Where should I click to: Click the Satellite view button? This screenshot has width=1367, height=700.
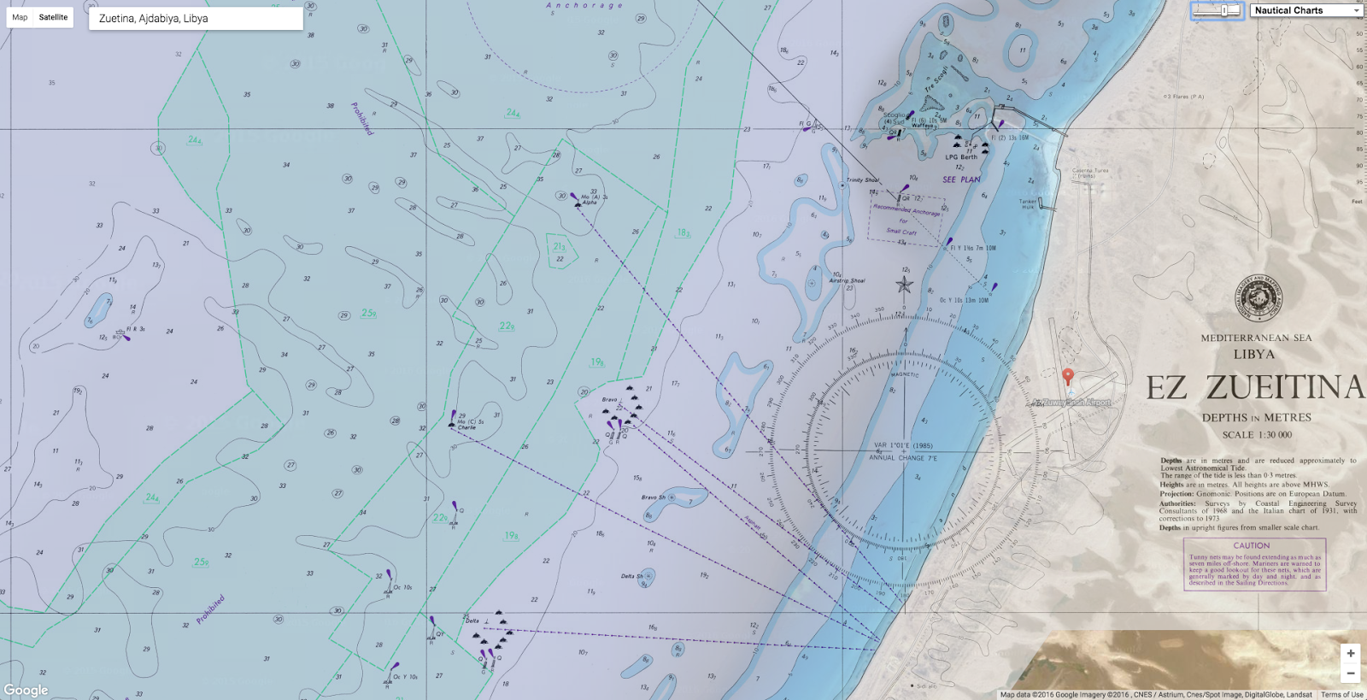[x=53, y=17]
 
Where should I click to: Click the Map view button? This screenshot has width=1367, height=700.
[x=20, y=17]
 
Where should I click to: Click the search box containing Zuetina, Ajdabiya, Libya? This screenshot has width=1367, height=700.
[x=196, y=19]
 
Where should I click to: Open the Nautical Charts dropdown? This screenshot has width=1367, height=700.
[x=1306, y=10]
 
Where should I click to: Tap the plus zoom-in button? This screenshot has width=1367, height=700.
[x=1350, y=654]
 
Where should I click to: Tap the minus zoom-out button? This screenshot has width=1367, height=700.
[x=1350, y=674]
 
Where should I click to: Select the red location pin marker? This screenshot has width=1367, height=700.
[x=1067, y=376]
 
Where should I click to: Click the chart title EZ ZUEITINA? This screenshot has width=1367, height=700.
[x=1255, y=388]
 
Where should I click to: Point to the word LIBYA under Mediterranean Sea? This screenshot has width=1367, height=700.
[x=1253, y=354]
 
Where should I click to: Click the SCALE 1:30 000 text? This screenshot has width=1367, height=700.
[x=1256, y=435]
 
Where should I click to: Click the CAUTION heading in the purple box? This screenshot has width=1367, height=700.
[x=1251, y=545]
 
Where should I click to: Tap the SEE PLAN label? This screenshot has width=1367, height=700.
[x=961, y=179]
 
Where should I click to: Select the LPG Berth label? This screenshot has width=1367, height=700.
[x=961, y=157]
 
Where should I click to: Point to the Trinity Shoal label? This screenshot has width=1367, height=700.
[x=862, y=180]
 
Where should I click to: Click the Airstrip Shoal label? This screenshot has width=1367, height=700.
[x=847, y=280]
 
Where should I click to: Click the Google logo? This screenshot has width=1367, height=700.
[x=26, y=690]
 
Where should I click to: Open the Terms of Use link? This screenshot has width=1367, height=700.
[x=1341, y=695]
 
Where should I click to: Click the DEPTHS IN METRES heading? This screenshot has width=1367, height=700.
[x=1256, y=418]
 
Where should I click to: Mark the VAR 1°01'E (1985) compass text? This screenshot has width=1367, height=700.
[x=903, y=445]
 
